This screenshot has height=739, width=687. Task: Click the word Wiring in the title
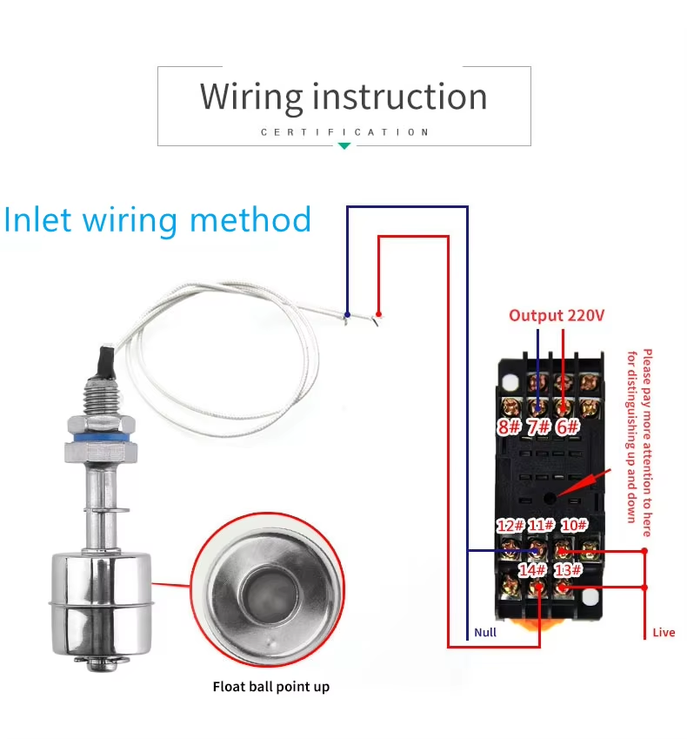(251, 97)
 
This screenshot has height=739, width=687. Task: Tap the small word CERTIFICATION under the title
(344, 132)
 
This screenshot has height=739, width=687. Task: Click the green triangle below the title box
(344, 145)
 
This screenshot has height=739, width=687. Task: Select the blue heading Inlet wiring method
(157, 219)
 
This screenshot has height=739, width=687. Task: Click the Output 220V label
(557, 316)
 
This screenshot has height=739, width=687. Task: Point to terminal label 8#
(509, 427)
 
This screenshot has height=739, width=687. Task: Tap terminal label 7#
(538, 427)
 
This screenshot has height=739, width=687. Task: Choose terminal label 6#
(567, 427)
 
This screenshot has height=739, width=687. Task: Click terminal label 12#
(510, 526)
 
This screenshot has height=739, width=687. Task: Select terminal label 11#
(541, 526)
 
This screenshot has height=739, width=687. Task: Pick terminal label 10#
(574, 525)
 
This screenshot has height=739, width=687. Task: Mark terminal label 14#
(532, 570)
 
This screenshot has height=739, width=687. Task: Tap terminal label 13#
(568, 570)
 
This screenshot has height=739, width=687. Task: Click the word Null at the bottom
(485, 632)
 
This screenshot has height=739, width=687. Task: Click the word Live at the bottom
(664, 632)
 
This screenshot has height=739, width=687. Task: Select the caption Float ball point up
(271, 687)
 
